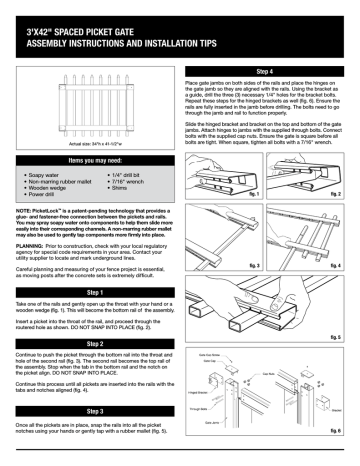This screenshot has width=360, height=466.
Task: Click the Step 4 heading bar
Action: pyautogui.click(x=266, y=73)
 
